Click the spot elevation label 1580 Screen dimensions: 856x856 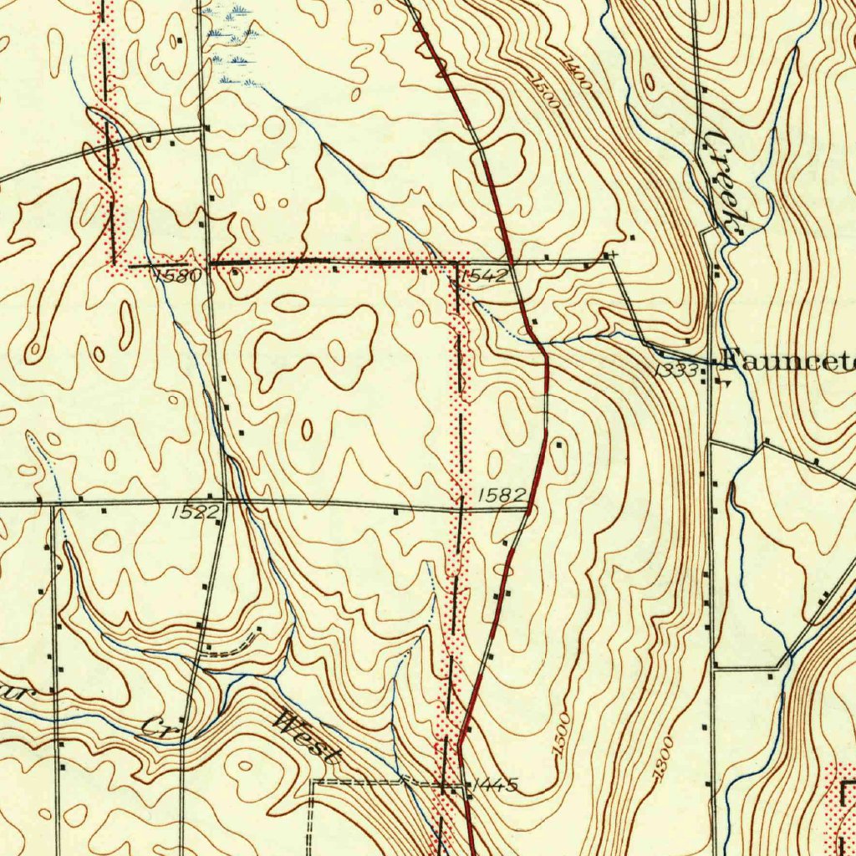(178, 275)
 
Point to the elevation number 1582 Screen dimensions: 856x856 (502, 496)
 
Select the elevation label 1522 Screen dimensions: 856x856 (195, 512)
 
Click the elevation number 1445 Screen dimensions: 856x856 (495, 784)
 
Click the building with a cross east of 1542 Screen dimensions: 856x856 (614, 253)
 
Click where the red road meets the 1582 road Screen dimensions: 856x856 (527, 507)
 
